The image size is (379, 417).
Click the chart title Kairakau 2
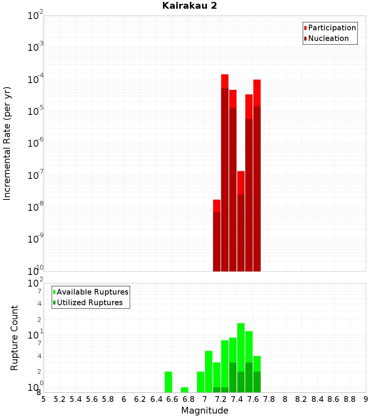(x=189, y=6)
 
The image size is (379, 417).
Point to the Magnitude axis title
(x=205, y=411)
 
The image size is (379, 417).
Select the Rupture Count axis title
(x=14, y=337)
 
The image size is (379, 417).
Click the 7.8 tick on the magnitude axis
(x=269, y=399)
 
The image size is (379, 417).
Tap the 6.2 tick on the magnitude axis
(x=140, y=399)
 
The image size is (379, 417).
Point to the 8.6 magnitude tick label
(x=334, y=399)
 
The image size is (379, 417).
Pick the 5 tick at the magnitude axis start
(x=44, y=399)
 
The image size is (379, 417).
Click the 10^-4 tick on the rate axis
(x=36, y=80)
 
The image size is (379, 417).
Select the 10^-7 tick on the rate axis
(x=36, y=176)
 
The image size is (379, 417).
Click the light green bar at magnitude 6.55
(x=168, y=382)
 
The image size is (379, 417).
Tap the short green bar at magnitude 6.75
(x=185, y=390)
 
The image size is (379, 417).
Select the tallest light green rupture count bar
(x=241, y=347)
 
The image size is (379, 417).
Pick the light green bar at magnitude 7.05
(x=208, y=372)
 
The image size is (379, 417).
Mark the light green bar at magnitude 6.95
(x=200, y=382)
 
